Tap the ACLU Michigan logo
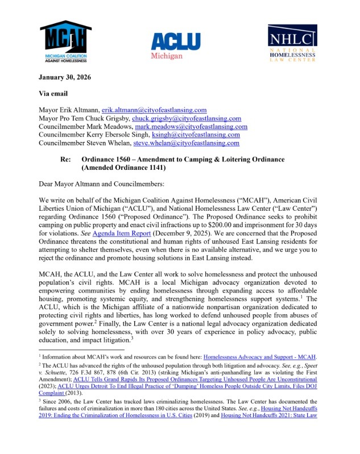176,45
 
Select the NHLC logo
293,43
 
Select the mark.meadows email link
195,127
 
